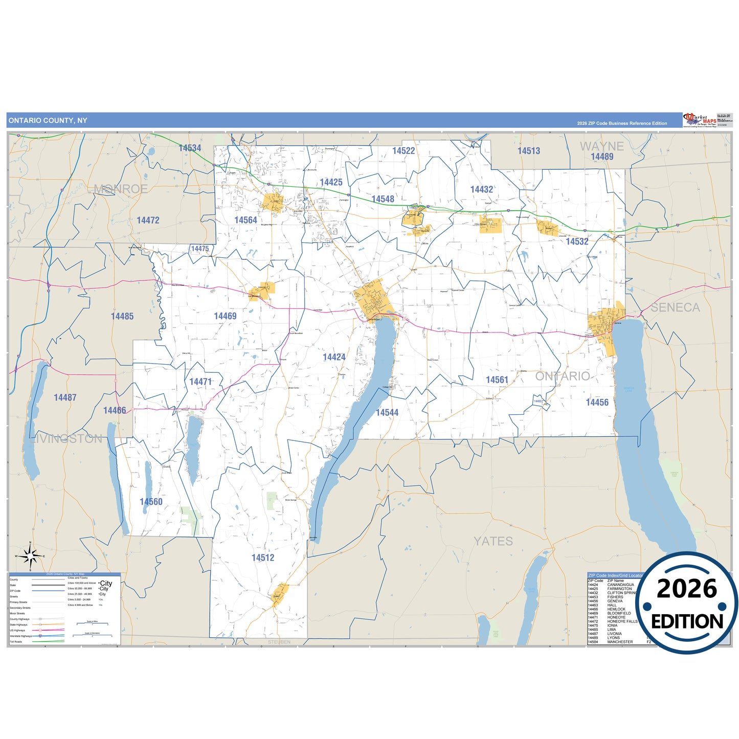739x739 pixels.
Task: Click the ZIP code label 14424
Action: [x=334, y=357]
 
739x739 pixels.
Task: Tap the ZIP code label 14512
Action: [x=263, y=557]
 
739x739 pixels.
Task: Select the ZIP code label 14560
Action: [x=151, y=502]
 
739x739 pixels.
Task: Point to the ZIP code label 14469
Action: [x=225, y=316]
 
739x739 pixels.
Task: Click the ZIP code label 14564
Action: [x=245, y=220]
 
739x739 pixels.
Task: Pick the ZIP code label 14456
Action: [x=597, y=402]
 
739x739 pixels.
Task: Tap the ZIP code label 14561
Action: [x=497, y=379]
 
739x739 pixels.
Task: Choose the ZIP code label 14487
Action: [x=65, y=397]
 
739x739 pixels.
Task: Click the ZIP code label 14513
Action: [x=528, y=150]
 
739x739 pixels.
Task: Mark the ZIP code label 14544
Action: [x=387, y=412]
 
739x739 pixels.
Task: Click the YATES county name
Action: [x=493, y=541]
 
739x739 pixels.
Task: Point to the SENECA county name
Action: [x=675, y=307]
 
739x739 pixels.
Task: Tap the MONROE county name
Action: [x=121, y=189]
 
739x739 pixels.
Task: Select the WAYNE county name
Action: [x=602, y=146]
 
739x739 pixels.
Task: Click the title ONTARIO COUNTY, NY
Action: [x=48, y=121]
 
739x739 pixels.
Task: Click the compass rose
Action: [x=30, y=555]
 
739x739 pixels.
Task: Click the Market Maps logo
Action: [x=700, y=120]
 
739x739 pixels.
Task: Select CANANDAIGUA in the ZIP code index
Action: [x=620, y=585]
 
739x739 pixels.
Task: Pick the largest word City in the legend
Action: [x=106, y=583]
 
